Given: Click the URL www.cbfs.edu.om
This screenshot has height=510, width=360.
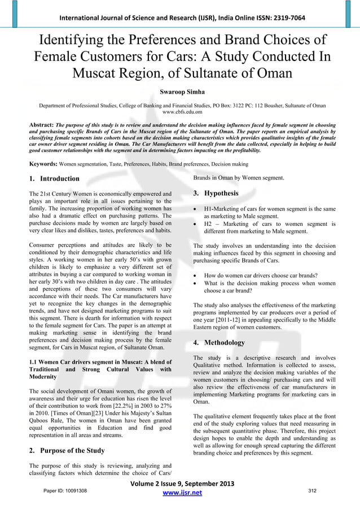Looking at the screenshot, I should coord(180,112).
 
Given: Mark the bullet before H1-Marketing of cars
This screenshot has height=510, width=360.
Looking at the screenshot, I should coord(195,210).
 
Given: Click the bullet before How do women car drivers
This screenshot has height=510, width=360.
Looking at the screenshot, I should coord(195,276).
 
